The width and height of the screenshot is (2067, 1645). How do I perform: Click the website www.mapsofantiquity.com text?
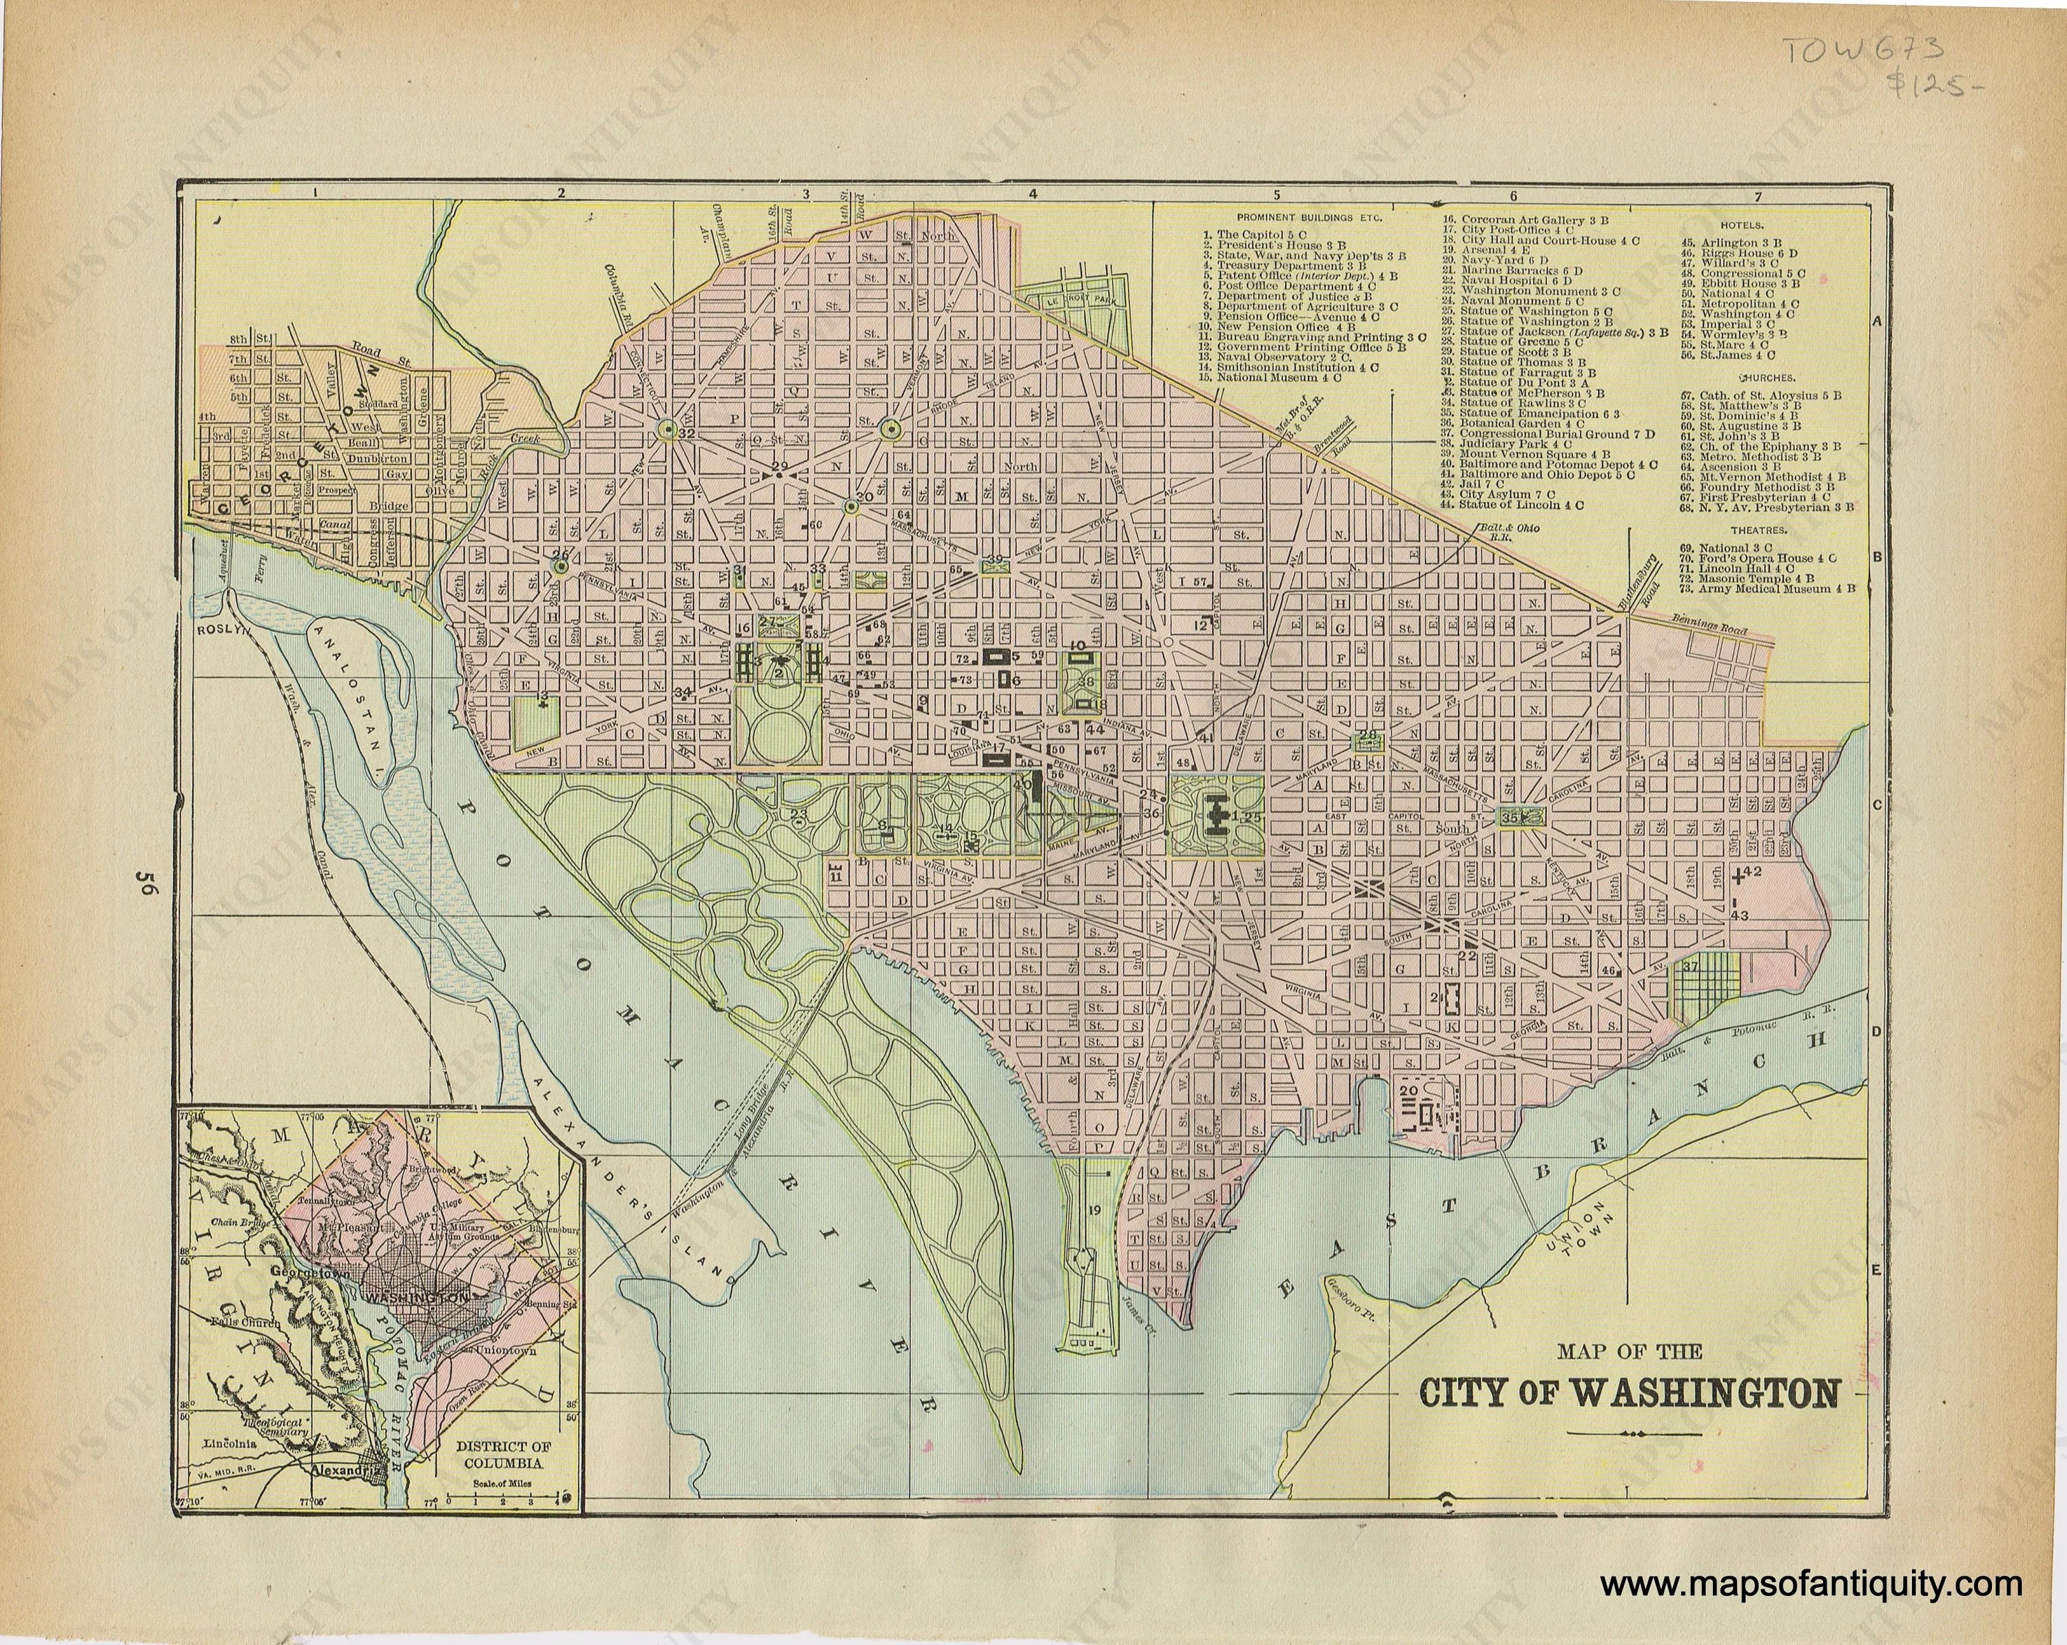1811,1586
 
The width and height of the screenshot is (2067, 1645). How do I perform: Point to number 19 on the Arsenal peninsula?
1094,1210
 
